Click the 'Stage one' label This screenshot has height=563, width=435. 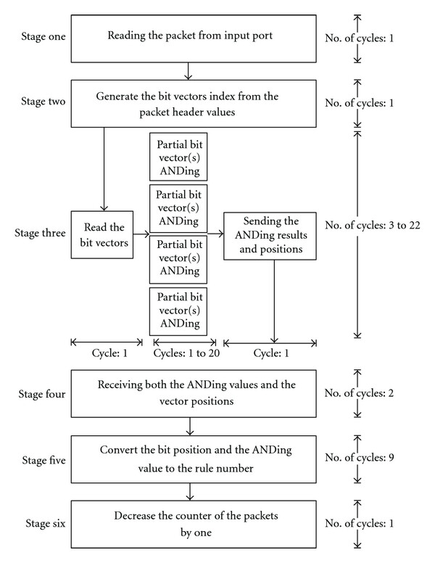(43, 36)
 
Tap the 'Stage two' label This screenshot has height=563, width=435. (43, 102)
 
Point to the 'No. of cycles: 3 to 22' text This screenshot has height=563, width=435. (373, 226)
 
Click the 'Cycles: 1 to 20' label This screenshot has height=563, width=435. (186, 353)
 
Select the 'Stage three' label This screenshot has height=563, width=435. (40, 233)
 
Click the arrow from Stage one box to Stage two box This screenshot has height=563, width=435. (188, 71)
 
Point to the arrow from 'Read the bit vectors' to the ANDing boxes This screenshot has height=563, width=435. (141, 234)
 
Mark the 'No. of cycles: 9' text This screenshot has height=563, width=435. (360, 458)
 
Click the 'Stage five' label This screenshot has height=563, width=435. (43, 460)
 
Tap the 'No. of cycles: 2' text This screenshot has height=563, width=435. (360, 393)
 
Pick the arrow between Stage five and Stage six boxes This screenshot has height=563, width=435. (189, 492)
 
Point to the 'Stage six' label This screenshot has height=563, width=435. (46, 524)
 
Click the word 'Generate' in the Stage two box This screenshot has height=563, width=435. (117, 96)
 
